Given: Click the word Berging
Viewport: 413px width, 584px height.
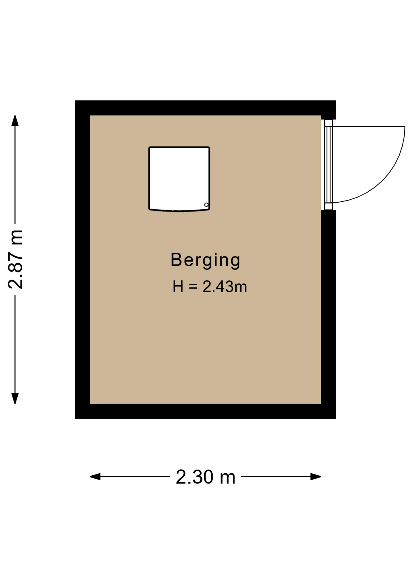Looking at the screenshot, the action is pos(205,260).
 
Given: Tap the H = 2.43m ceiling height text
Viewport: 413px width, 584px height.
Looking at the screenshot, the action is pos(210,287).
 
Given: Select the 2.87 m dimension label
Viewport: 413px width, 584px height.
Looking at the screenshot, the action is pos(16,259).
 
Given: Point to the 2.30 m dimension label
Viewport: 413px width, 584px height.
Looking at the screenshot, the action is pos(206,477).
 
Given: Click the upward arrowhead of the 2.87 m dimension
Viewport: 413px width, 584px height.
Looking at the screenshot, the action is pos(15,121).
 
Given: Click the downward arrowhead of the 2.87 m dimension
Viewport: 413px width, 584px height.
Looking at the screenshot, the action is pos(15,398).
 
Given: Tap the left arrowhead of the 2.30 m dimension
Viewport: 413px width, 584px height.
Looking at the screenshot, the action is pos(95,477).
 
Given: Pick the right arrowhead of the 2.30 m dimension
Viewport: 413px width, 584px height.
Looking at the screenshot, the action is pos(316,477).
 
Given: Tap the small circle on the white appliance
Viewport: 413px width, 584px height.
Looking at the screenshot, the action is pos(206,205).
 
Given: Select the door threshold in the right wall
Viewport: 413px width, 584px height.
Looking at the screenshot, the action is pos(328,165).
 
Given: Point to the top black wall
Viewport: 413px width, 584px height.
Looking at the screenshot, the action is pos(205,108).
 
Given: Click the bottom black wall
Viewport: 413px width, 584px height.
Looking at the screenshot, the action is pos(205,411).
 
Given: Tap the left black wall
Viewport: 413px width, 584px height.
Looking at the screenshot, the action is pos(82,259).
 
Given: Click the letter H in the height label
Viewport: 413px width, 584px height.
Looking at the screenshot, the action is pos(178,287).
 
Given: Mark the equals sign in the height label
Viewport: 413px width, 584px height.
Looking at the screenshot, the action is pos(193,287).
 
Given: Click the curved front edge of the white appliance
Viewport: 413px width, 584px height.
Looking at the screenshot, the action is pos(179,210).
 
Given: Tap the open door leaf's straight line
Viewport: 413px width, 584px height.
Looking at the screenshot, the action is pos(369,126).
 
